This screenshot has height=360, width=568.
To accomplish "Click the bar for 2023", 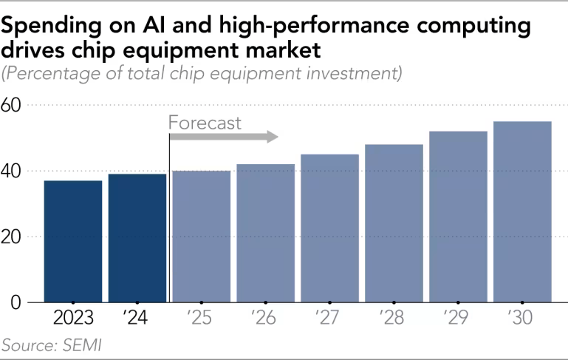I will point(72,241).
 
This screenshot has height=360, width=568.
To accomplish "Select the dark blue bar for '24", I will point(137,238).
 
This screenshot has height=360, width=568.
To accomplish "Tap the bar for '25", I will point(201,237).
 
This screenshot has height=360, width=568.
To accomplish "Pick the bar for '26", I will point(265,233).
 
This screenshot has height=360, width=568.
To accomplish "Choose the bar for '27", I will point(329,228).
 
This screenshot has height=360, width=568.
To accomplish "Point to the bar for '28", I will point(394,223).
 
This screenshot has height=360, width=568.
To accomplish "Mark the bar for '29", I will point(458,217).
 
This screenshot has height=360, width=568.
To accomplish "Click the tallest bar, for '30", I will point(522,211).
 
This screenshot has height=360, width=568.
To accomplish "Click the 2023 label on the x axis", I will point(72,319).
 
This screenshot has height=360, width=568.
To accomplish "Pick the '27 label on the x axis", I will point(329,319).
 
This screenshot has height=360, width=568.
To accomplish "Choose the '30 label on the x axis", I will point(522,319).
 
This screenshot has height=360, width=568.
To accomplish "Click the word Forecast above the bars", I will point(205,123).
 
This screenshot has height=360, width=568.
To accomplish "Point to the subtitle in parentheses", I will point(202,73).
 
